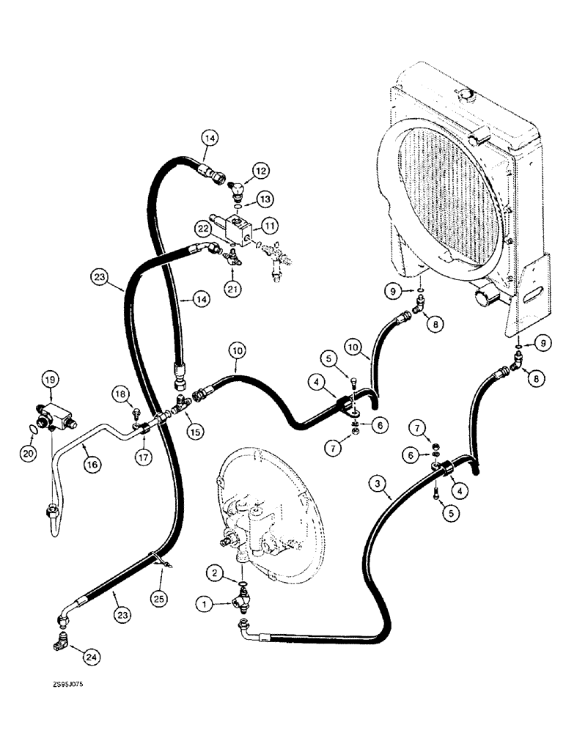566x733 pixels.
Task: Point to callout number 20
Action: (27, 454)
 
